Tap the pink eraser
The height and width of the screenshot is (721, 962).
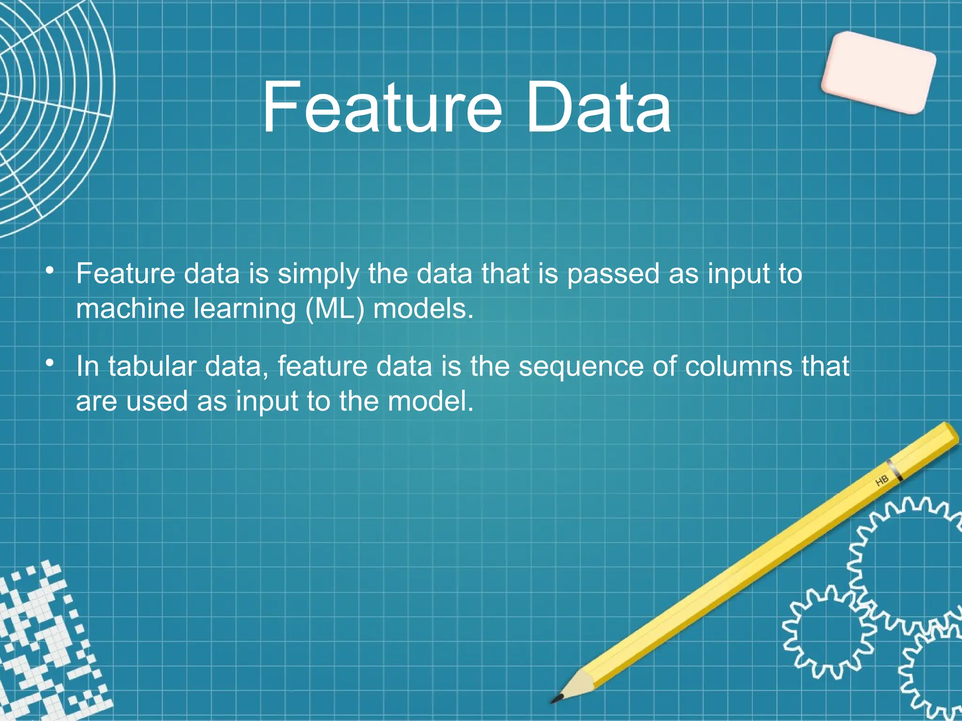pos(878,73)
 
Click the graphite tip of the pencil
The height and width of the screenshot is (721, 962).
pos(557,699)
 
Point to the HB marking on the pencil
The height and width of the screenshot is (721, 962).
pos(882,481)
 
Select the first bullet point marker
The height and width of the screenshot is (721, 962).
pos(50,271)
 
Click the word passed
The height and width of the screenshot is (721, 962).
pos(613,274)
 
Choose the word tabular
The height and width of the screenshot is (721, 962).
pos(152,366)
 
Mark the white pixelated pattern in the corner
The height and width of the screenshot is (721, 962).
pos(47,648)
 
